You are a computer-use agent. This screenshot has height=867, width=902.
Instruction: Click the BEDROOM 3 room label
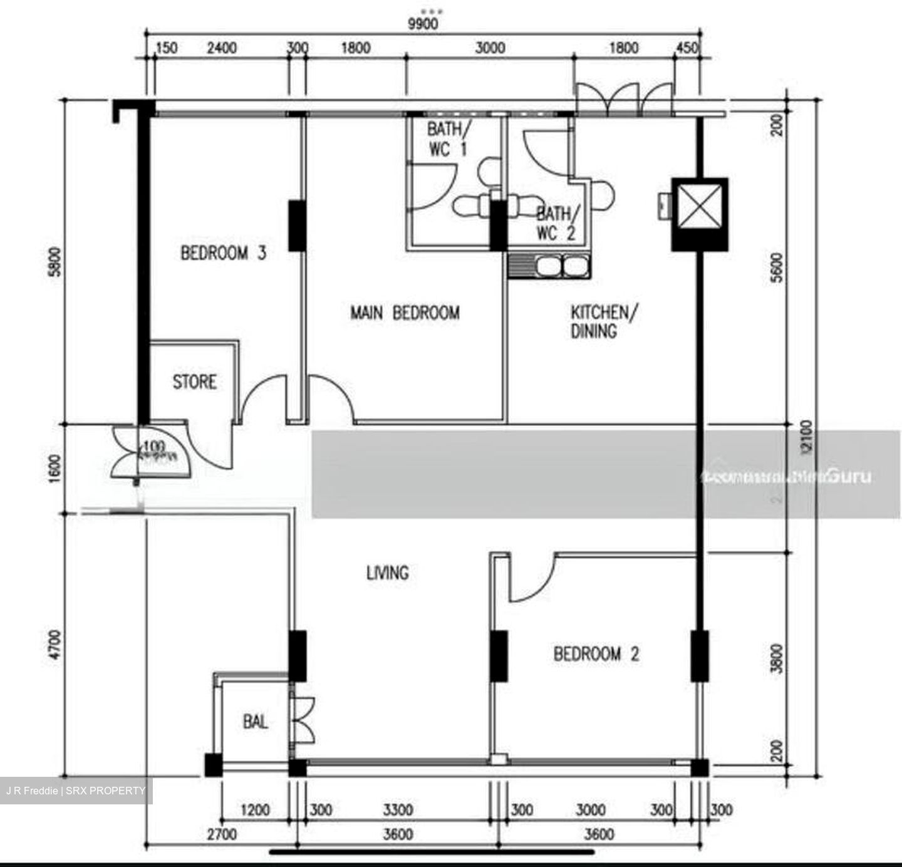click(223, 253)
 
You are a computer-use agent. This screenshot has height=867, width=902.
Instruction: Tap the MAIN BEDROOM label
click(405, 313)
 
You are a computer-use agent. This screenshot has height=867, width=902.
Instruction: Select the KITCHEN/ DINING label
click(604, 321)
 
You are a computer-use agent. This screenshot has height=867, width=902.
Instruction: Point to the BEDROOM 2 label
click(596, 655)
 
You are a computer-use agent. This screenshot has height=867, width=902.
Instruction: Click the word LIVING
click(387, 573)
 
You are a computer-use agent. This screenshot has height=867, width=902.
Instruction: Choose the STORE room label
click(194, 382)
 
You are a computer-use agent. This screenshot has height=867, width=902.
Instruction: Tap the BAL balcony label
click(255, 722)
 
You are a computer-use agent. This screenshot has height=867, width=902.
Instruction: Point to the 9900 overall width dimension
click(423, 24)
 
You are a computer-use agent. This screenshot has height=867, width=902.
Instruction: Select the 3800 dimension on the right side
click(777, 658)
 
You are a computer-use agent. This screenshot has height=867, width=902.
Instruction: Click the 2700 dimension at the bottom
click(222, 834)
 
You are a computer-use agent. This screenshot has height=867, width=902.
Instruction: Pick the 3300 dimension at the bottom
click(398, 810)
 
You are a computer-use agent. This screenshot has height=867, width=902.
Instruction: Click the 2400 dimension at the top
click(222, 48)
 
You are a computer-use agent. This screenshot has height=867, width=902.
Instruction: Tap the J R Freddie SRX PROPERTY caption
click(76, 791)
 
